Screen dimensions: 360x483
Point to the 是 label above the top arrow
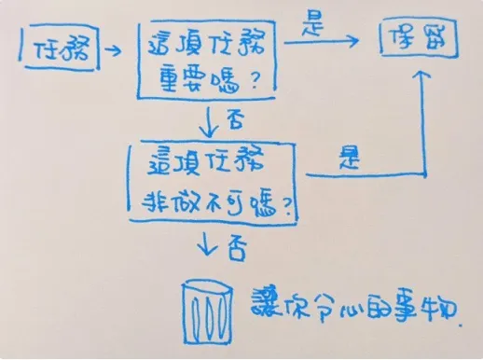310,26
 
